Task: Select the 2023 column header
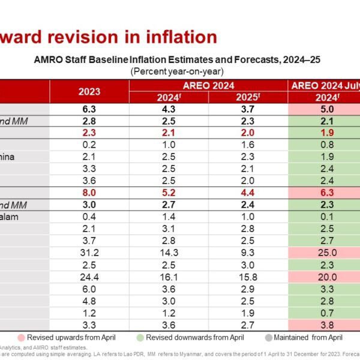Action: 89,91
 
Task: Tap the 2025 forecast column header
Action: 249,97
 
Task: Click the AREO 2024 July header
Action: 324,85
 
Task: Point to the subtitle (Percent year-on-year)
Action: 177,70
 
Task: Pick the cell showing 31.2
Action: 89,253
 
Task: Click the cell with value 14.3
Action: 169,253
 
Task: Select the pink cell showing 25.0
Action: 325,253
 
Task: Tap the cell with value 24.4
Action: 89,277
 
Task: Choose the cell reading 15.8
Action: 249,277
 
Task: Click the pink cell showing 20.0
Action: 325,277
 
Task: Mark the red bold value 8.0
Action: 89,193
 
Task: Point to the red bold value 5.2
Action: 169,193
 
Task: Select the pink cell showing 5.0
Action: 325,109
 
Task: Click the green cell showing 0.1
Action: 325,217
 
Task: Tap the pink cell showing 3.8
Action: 325,325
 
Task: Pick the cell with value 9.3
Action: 249,253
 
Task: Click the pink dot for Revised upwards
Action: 22,337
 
